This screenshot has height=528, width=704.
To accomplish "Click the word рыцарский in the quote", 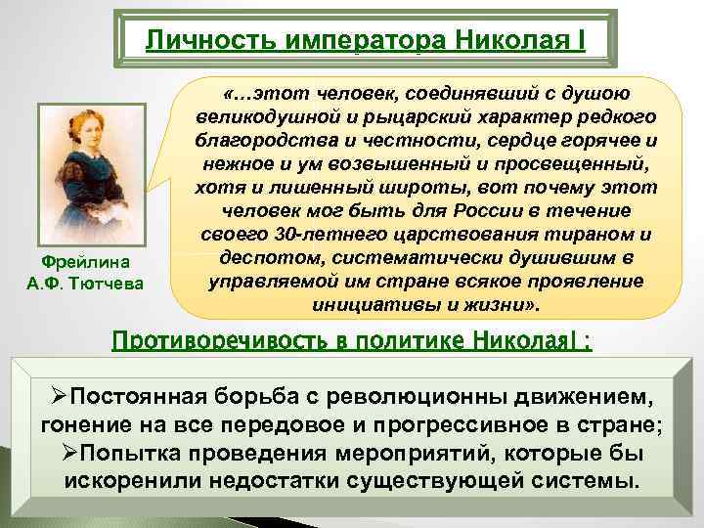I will (x=380, y=116).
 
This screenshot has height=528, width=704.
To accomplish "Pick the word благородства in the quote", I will (x=259, y=140).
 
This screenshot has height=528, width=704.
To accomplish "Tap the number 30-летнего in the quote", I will (x=337, y=234).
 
